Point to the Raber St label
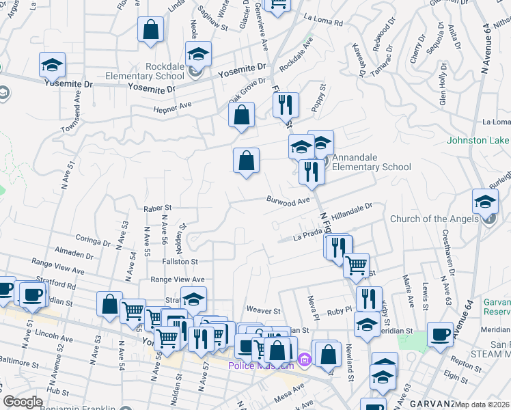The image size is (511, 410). pos(156,207)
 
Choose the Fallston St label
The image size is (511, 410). pos(180,261)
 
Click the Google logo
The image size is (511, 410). pos(23,402)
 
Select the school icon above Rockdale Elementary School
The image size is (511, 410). pos(198,54)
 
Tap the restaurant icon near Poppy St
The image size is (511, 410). pos(286,105)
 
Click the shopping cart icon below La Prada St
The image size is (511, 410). pos(356,265)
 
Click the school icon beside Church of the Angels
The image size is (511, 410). pos(485,203)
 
